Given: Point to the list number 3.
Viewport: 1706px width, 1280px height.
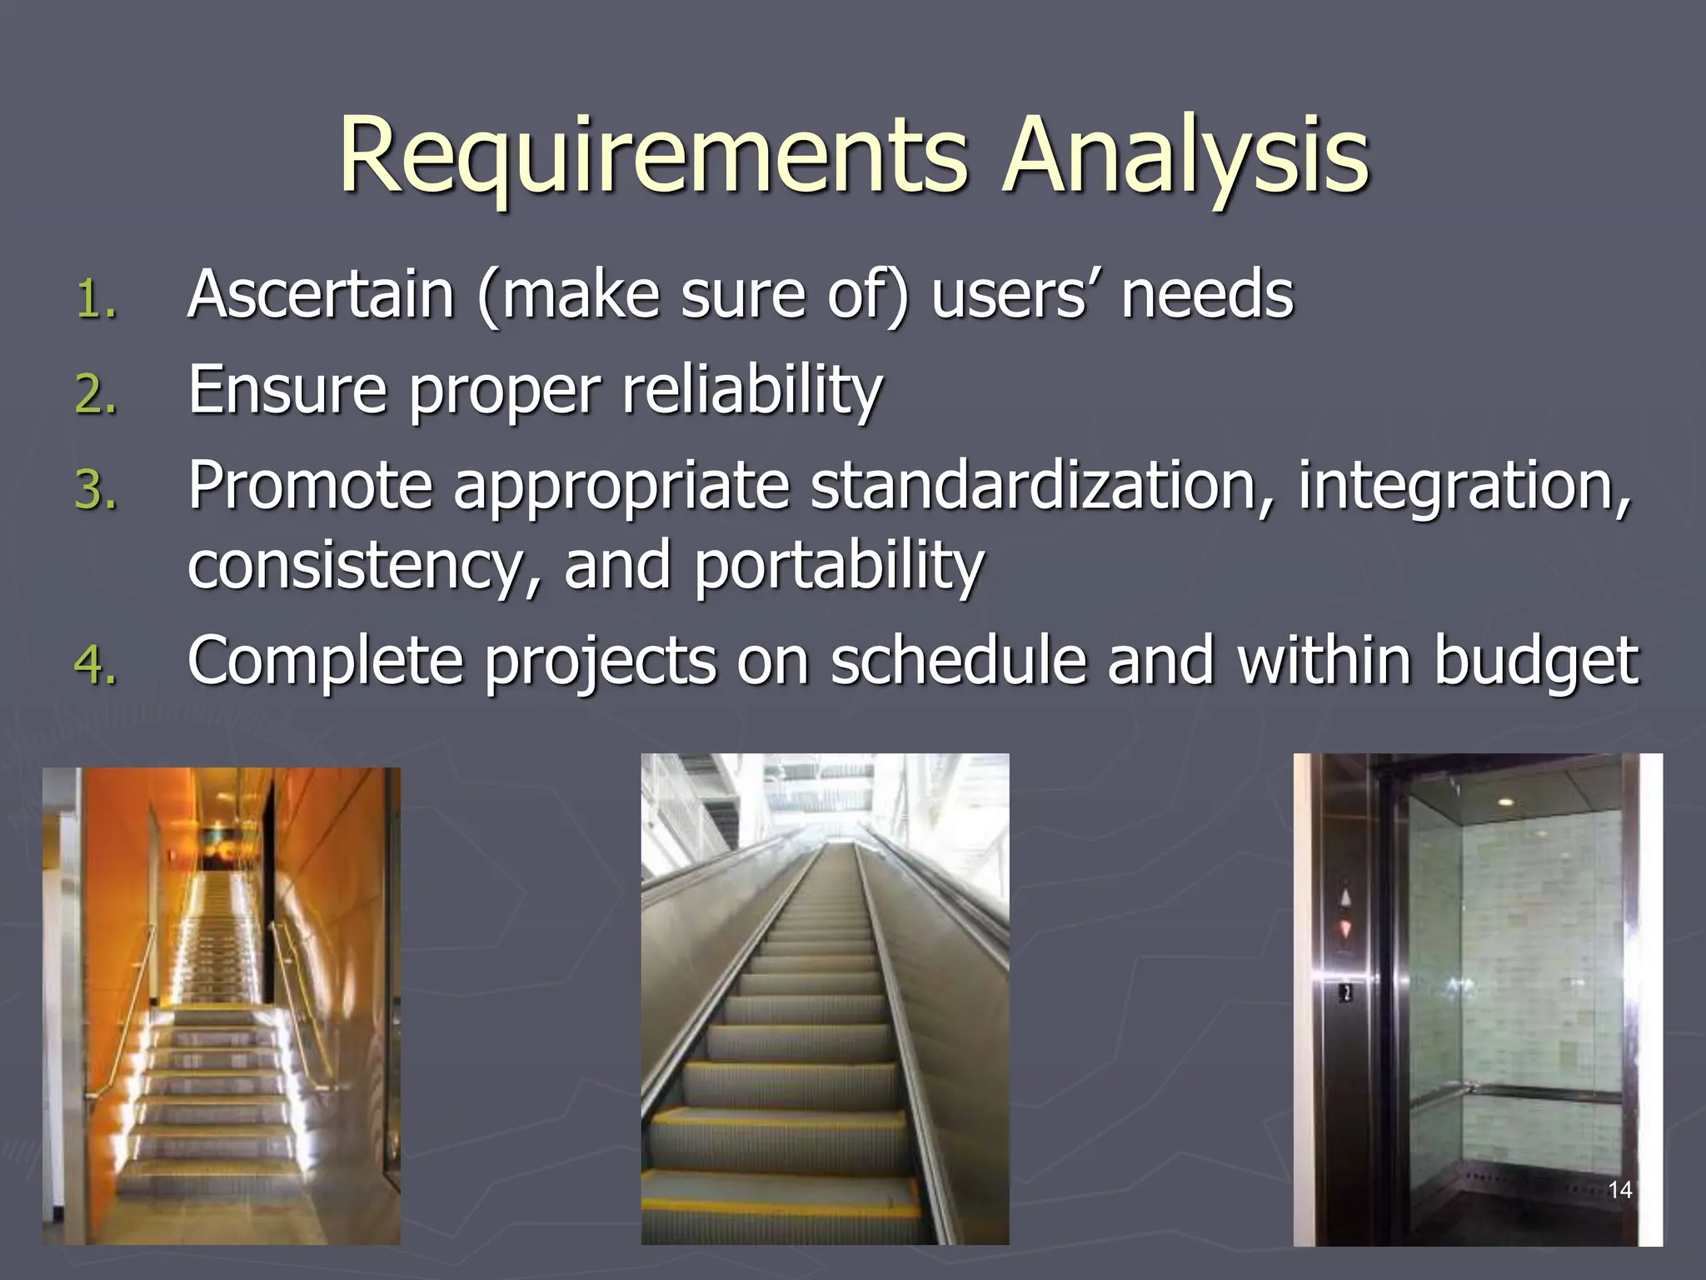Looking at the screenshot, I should (96, 489).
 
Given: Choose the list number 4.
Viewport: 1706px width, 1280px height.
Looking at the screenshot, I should (96, 665).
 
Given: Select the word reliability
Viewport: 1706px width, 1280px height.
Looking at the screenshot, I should (751, 389).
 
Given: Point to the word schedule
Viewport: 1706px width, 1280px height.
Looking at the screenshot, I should (958, 659).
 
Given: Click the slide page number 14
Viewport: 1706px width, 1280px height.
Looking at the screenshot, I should (1619, 1189).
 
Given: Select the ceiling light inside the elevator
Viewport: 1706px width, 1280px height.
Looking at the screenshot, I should (1504, 801).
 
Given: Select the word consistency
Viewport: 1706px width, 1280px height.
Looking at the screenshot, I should (355, 565).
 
